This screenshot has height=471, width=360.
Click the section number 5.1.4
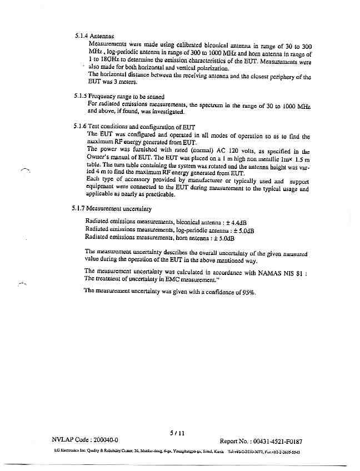click(82, 36)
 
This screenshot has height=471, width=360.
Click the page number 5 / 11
click(177, 433)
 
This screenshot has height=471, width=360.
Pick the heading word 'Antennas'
click(103, 36)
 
